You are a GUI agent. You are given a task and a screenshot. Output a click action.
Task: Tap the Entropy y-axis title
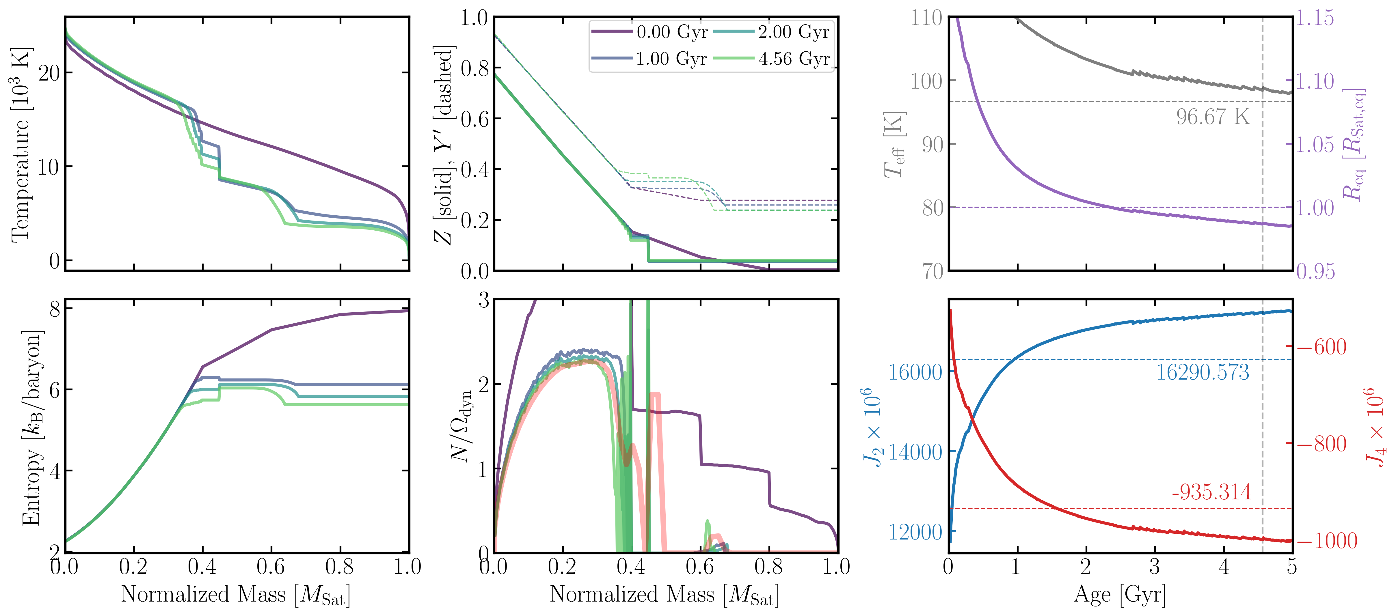click(31, 428)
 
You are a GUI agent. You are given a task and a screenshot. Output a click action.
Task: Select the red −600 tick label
click(1322, 347)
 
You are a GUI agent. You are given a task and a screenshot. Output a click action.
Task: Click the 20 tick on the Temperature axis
click(49, 73)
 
